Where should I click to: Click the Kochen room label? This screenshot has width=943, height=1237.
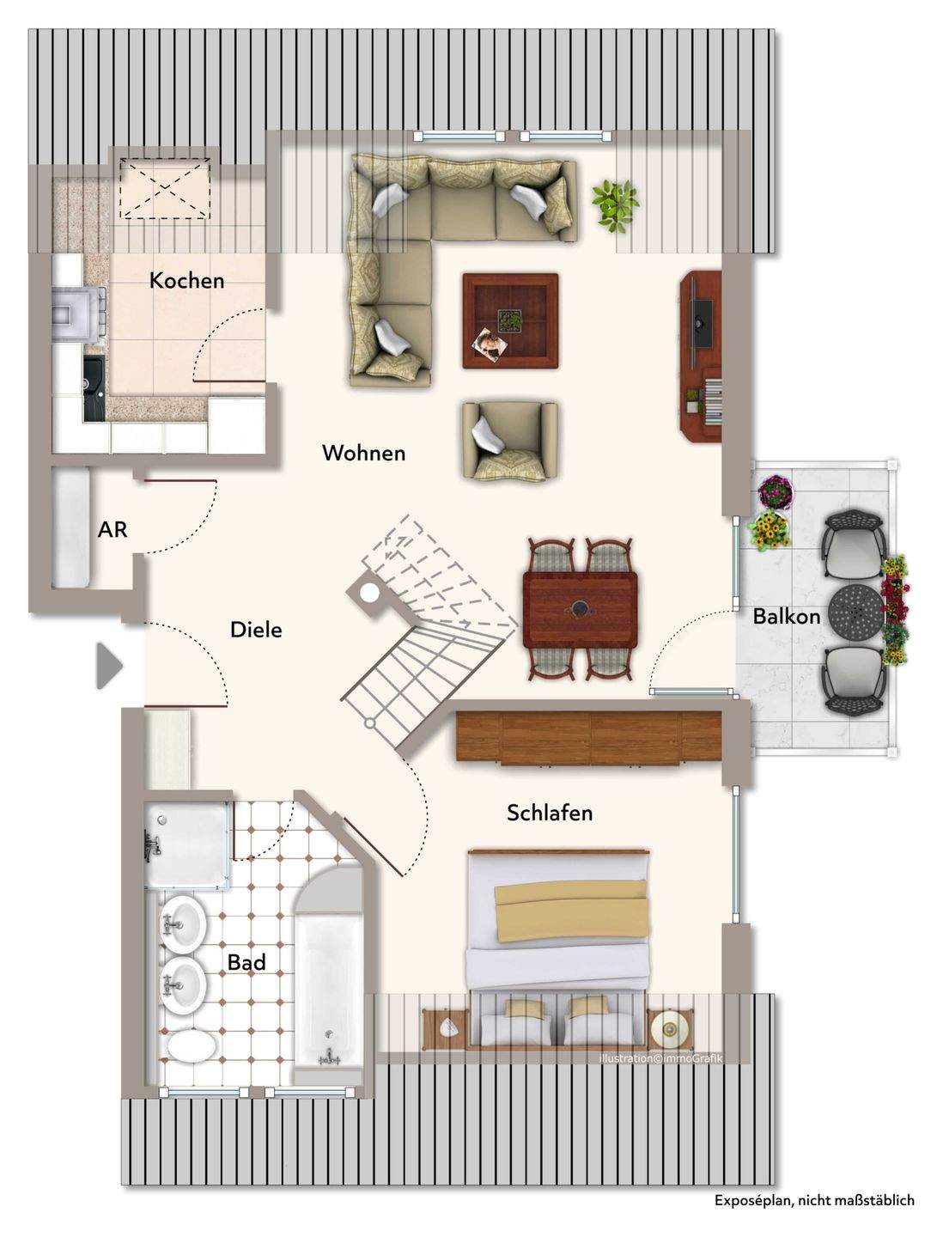[186, 281]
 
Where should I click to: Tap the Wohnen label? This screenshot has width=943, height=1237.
[364, 453]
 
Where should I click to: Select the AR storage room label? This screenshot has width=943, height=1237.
[113, 530]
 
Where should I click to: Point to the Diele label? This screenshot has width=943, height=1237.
[256, 630]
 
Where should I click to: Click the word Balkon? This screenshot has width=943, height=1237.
[787, 617]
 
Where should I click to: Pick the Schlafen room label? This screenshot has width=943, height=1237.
[550, 813]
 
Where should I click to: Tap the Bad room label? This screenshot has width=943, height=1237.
[246, 963]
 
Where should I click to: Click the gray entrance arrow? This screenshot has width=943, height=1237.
[109, 666]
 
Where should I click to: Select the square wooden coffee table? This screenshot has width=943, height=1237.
[510, 321]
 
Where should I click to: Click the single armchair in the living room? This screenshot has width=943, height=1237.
[510, 442]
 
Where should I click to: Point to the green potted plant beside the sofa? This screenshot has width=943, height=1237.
[615, 205]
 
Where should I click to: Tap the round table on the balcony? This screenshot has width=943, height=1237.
[855, 611]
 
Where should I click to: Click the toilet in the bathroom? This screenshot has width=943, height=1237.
[191, 1046]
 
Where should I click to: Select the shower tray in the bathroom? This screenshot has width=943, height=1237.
[187, 845]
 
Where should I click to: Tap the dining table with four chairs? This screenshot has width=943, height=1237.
[581, 609]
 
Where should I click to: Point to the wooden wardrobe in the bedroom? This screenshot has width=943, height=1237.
[588, 738]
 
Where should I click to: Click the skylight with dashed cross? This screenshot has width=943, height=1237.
[165, 188]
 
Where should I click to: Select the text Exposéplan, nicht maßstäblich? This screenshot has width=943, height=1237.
[814, 1216]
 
